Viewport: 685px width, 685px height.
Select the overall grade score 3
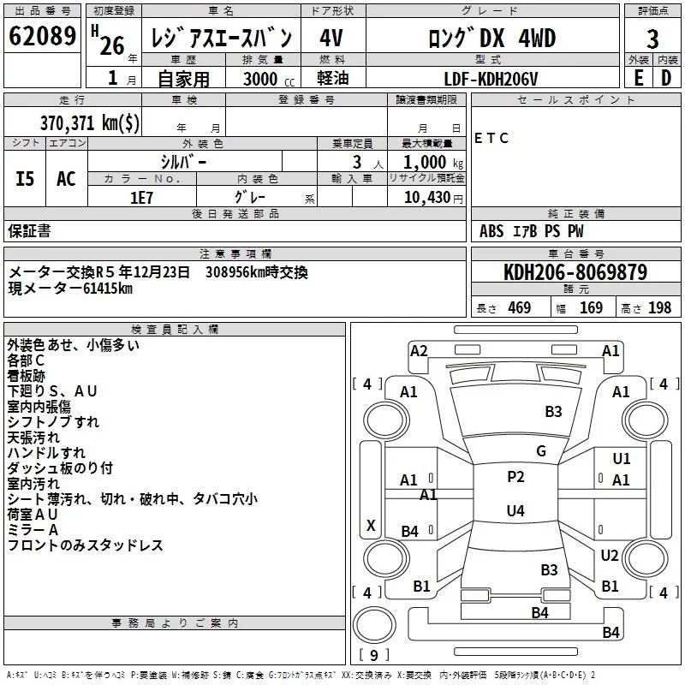click(652, 39)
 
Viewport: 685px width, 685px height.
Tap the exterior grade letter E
click(638, 78)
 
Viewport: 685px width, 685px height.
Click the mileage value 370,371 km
click(90, 122)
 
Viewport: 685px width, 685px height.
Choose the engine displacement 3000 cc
click(262, 79)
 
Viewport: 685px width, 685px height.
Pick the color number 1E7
click(141, 197)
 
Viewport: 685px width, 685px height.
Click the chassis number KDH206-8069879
click(575, 273)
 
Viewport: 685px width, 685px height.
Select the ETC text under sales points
click(491, 138)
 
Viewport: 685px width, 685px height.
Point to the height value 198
click(660, 308)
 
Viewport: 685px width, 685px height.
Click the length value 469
click(519, 308)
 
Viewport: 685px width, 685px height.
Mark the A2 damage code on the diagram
click(419, 350)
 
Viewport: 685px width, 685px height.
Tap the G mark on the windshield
click(541, 450)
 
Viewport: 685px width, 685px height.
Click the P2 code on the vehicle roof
click(515, 477)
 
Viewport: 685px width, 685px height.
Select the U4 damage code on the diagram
click(515, 510)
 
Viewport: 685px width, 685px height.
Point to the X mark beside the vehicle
click(371, 525)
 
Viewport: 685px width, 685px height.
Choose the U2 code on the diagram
click(609, 556)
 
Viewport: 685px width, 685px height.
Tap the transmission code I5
click(26, 179)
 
